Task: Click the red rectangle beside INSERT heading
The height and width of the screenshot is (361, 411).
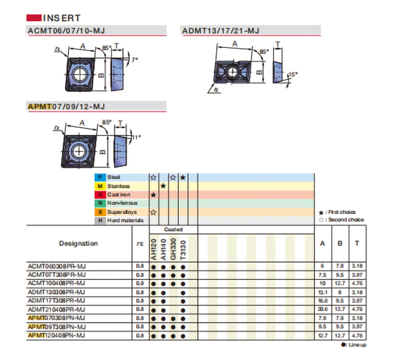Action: pyautogui.click(x=33, y=18)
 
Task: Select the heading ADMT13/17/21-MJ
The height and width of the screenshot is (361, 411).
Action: pyautogui.click(x=221, y=31)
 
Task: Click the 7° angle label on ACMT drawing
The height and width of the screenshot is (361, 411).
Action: pyautogui.click(x=135, y=59)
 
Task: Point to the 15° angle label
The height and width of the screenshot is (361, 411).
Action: pyautogui.click(x=292, y=75)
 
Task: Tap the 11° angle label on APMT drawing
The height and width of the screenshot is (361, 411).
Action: pyautogui.click(x=136, y=136)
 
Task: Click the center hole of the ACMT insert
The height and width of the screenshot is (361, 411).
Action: pyautogui.click(x=80, y=74)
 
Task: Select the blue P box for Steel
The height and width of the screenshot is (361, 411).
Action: pyautogui.click(x=100, y=177)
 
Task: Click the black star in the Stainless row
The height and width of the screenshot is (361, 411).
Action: pyautogui.click(x=163, y=186)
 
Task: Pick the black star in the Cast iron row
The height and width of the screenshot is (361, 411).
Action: pyautogui.click(x=153, y=195)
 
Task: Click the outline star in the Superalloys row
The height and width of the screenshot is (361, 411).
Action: pyautogui.click(x=153, y=212)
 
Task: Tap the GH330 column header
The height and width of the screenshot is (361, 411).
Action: pyautogui.click(x=173, y=250)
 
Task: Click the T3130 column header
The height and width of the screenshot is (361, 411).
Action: pyautogui.click(x=183, y=250)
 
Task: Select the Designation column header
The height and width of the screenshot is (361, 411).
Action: pyautogui.click(x=78, y=244)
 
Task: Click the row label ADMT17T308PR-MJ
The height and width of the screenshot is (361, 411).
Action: pyautogui.click(x=56, y=301)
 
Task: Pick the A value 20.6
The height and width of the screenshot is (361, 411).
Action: pyautogui.click(x=323, y=309)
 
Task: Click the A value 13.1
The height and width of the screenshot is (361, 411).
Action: pyautogui.click(x=323, y=292)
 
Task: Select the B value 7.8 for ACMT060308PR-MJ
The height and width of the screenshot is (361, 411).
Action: pyautogui.click(x=340, y=266)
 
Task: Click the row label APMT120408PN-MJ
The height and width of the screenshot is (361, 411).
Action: pyautogui.click(x=56, y=335)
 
